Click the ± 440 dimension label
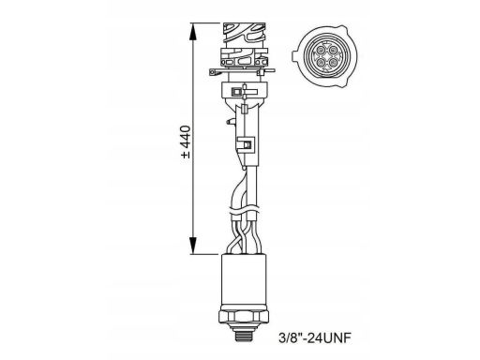pos(186,142)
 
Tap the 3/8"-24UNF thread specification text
pos(315,337)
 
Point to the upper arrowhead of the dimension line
pos(193,32)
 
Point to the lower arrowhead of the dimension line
pos(193,246)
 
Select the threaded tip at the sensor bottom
pos(244,335)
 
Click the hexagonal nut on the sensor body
pos(244,317)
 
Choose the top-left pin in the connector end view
pos(321,50)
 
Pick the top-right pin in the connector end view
pos(333,50)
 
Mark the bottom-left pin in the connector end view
pos(321,62)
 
